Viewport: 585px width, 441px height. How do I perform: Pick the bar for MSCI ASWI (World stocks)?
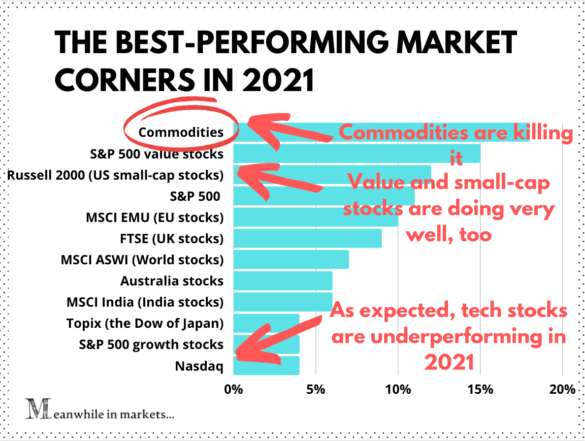tap(291, 259)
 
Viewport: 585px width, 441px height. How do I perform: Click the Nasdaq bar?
tap(266, 366)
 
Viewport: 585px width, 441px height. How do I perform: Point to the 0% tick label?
tap(233, 389)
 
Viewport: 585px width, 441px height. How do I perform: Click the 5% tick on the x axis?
tap(315, 389)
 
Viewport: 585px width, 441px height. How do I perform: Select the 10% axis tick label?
tap(398, 389)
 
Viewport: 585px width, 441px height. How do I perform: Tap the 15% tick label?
tap(480, 389)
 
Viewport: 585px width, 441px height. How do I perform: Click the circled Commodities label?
tap(181, 132)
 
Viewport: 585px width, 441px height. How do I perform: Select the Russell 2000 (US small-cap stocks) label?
tap(115, 175)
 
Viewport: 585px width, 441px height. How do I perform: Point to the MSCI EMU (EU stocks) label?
tap(154, 217)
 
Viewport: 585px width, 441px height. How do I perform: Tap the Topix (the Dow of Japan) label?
tap(145, 323)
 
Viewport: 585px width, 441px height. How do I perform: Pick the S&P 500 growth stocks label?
tap(151, 345)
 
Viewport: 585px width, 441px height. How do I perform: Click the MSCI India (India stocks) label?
tap(145, 302)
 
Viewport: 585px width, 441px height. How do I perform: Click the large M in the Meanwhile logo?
tap(33, 409)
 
